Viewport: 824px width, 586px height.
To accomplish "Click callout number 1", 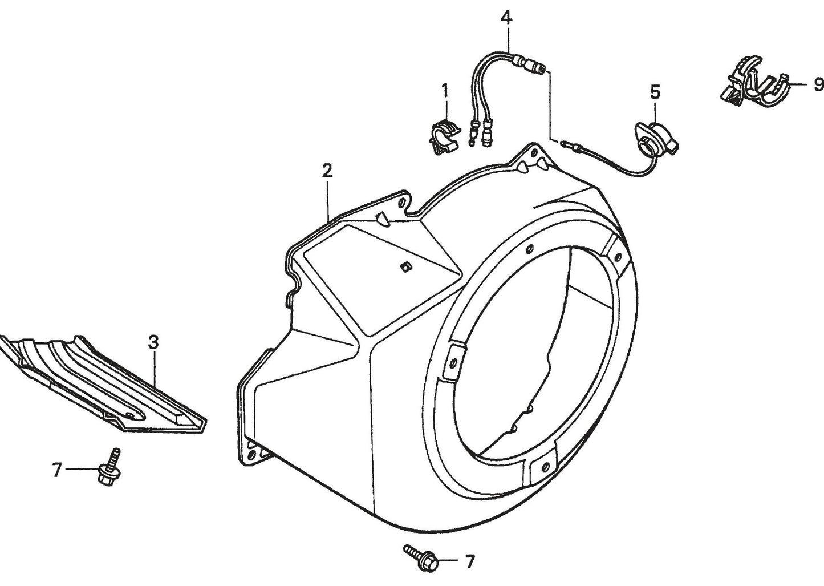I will click(445, 90).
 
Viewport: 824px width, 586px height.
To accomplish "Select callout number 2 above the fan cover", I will click(327, 170).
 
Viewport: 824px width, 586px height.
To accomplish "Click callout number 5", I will click(655, 91).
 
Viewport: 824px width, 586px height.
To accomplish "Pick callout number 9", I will click(818, 85).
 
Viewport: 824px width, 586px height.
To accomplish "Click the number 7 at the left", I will click(56, 470).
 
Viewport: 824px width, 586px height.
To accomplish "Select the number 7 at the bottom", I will click(469, 562).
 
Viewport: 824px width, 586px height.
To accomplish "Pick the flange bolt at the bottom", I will click(422, 557).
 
